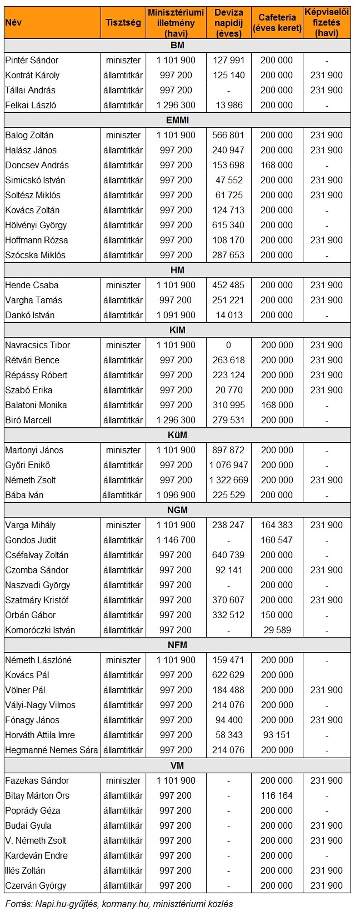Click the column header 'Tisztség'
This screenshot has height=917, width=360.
pos(123,22)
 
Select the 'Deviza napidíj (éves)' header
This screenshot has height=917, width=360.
pos(228,23)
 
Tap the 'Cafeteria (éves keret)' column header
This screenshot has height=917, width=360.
pos(277,23)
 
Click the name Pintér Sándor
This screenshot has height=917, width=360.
pos(32,60)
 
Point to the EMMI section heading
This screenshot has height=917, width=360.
pos(177,120)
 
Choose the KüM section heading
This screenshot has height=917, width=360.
pos(177,435)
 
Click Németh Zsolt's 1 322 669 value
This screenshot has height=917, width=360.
pos(228,480)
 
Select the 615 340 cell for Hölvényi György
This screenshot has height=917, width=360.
pos(228,225)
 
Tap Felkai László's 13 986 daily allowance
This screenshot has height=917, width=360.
pos(228,105)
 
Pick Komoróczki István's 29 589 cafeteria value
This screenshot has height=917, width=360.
pos(277,630)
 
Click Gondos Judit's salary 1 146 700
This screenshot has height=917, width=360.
pos(176,540)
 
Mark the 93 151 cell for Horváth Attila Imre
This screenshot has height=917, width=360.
pos(277,735)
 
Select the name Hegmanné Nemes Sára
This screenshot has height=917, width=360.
pos(51,750)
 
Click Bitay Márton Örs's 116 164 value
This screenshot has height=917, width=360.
pos(277,795)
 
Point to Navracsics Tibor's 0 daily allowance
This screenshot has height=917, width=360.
pos(228,345)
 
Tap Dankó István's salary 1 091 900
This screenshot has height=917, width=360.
pos(176,315)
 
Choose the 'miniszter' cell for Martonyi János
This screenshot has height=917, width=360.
pos(123,450)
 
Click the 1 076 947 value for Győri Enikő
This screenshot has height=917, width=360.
pos(228,465)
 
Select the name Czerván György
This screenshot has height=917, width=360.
pos(36,885)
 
